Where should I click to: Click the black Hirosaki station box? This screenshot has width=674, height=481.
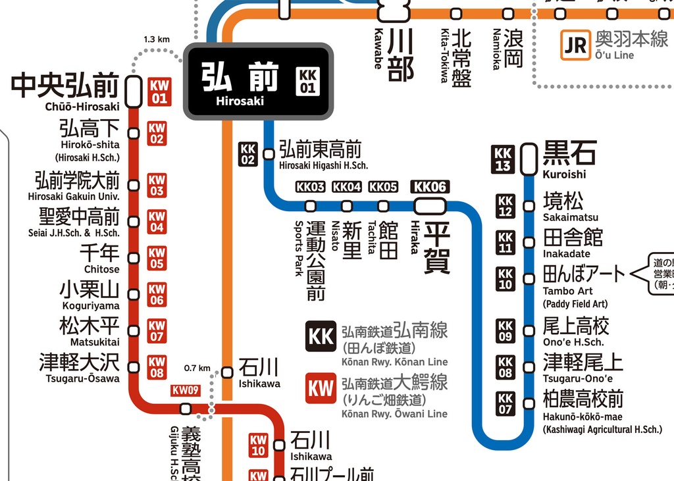coord(257,82)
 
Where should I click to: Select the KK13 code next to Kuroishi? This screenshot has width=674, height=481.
coord(504,159)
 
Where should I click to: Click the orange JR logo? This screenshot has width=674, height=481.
coord(575,45)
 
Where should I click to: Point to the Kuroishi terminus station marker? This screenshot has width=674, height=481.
coord(529,159)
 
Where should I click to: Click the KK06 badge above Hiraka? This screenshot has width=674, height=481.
coord(430,187)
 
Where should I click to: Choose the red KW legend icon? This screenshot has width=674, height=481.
coord(321,388)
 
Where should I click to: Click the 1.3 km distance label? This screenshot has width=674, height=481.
coord(157,39)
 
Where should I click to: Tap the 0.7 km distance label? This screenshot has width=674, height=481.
coord(197,368)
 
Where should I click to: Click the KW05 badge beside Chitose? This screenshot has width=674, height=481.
coord(157,259)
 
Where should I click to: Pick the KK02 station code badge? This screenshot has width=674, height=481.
coord(248,154)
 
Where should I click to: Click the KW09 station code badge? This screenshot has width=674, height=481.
coord(185,390)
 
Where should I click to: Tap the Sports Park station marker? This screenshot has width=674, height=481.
coord(311,206)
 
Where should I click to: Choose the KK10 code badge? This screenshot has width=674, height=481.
coord(505,279)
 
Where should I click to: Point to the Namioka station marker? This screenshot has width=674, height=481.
coord(508,13)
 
